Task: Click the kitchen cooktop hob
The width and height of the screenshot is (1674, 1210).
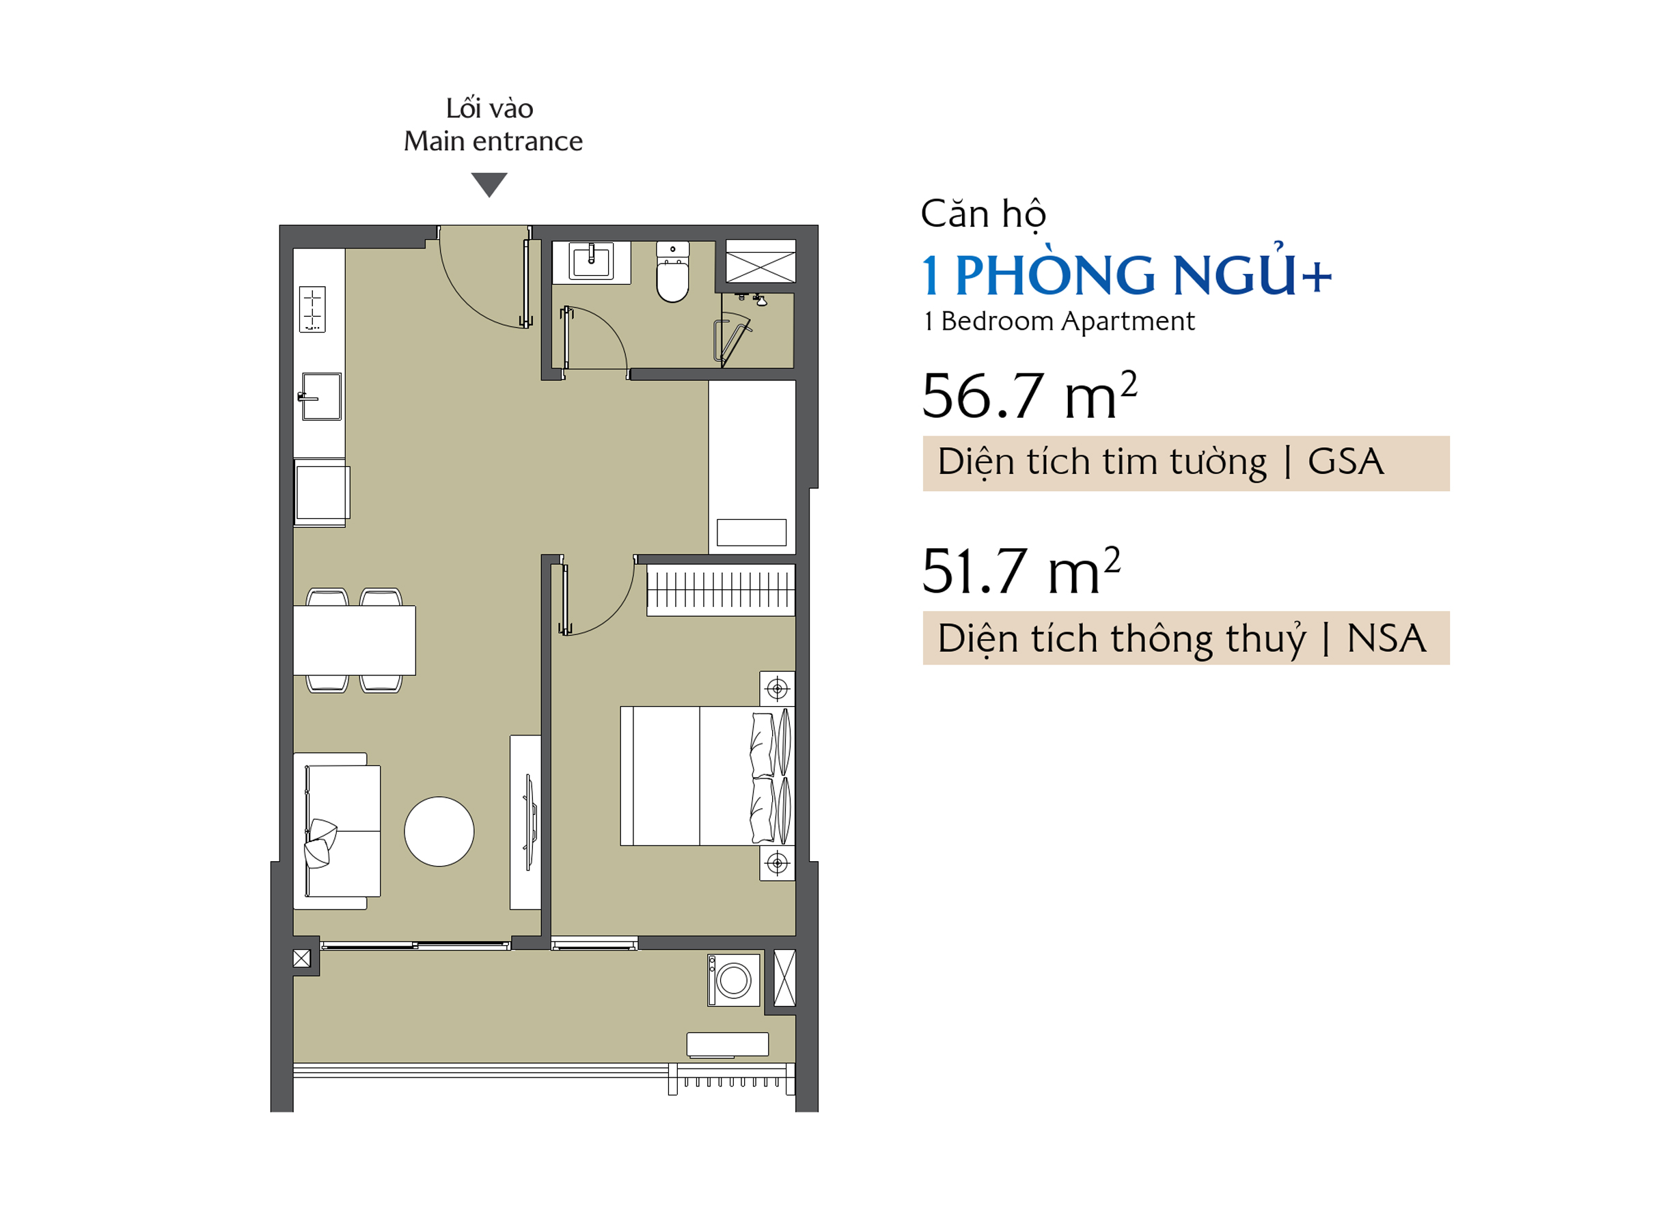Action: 312,309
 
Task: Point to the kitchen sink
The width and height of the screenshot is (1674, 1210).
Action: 321,396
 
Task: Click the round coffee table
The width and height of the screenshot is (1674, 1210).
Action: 439,832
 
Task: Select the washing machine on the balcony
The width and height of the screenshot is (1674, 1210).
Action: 733,980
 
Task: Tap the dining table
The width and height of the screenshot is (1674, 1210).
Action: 355,640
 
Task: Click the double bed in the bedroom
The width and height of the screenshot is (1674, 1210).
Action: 707,776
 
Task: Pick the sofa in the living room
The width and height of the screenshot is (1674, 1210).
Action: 338,831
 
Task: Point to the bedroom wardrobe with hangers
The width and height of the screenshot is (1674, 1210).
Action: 720,589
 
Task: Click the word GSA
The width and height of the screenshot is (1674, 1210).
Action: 1345,462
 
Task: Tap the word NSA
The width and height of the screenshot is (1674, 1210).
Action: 1386,638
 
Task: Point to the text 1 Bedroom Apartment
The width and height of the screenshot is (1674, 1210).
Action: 1058,321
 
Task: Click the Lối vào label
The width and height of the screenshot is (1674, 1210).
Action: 489,109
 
